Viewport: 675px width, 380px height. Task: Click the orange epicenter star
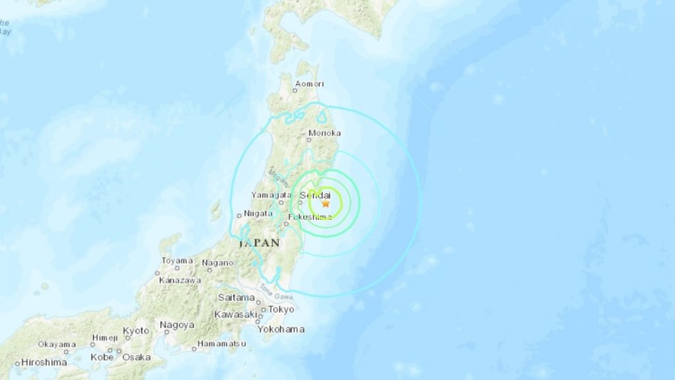pos(326,204)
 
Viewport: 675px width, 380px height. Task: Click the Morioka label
pos(324,132)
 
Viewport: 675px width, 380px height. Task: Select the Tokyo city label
pos(281,310)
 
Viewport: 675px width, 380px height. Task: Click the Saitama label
pos(236,298)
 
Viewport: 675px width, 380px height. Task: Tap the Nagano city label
pos(218,263)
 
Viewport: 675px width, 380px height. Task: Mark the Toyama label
pos(177,261)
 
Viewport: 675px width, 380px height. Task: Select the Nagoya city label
pos(176,325)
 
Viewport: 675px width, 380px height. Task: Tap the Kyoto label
pos(136,330)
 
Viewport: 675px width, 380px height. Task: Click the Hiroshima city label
pos(44,362)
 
